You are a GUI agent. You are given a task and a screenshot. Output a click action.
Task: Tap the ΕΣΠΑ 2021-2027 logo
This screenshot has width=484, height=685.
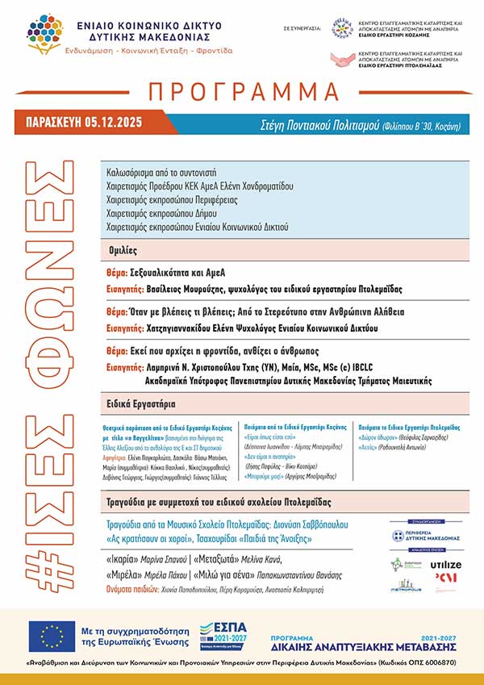[x=223, y=636]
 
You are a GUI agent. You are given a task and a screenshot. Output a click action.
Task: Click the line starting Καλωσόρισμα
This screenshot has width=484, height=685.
[x=161, y=173]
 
